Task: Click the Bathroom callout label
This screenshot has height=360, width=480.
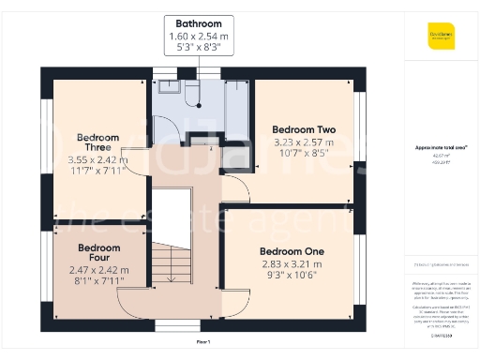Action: click(197, 22)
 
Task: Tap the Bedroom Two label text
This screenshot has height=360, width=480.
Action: click(304, 128)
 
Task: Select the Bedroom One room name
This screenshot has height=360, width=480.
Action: click(292, 251)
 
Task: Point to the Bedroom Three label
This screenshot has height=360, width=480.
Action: click(97, 142)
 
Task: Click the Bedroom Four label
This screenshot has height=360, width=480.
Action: click(98, 253)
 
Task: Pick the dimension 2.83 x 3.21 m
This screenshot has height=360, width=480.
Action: click(292, 264)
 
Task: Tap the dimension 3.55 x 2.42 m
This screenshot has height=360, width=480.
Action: click(97, 160)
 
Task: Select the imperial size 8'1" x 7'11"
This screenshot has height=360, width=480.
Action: click(98, 279)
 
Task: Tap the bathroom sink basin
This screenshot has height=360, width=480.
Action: click(170, 87)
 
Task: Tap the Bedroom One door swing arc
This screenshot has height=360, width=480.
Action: click(237, 303)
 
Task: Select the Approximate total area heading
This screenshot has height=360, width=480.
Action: click(441, 147)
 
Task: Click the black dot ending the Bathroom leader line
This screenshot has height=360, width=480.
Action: click(199, 105)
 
